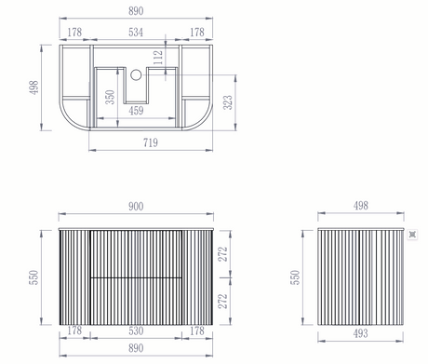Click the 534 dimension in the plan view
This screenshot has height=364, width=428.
(x=136, y=32)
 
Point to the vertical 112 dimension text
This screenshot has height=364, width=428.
(x=158, y=58)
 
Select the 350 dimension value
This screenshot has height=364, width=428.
(x=110, y=97)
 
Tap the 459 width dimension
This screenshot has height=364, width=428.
(x=136, y=111)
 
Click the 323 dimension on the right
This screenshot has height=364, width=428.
(x=228, y=102)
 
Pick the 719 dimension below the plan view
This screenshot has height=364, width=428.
(x=151, y=142)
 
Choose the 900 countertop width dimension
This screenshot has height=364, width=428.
(x=136, y=207)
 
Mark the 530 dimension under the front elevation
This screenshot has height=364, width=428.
(x=136, y=330)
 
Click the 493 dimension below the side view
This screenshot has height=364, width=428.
(x=360, y=333)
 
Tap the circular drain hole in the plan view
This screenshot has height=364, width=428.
(x=136, y=74)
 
